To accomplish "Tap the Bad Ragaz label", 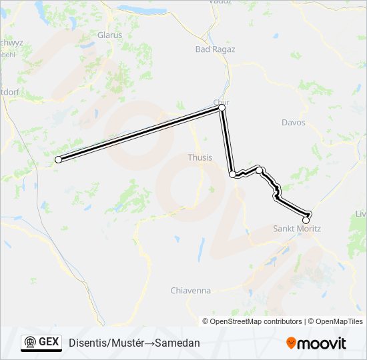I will pyautogui.click(x=215, y=49).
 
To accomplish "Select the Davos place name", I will pyautogui.click(x=294, y=123).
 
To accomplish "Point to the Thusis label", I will pyautogui.click(x=200, y=158).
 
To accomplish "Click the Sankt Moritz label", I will pyautogui.click(x=297, y=229).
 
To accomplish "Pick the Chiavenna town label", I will pyautogui.click(x=191, y=291).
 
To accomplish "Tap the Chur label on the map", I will pyautogui.click(x=221, y=101).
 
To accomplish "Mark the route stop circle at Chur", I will pyautogui.click(x=222, y=107).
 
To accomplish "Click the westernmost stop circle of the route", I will pyautogui.click(x=58, y=159).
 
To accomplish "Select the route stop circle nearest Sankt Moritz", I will pyautogui.click(x=306, y=219).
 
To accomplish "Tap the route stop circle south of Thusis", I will pyautogui.click(x=232, y=175).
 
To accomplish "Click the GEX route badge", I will pyautogui.click(x=41, y=342).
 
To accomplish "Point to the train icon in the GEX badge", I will pyautogui.click(x=30, y=343).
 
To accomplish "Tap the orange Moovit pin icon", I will pyautogui.click(x=292, y=343).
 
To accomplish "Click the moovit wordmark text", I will pyautogui.click(x=323, y=343).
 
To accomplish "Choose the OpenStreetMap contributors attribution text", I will pyautogui.click(x=256, y=321).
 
